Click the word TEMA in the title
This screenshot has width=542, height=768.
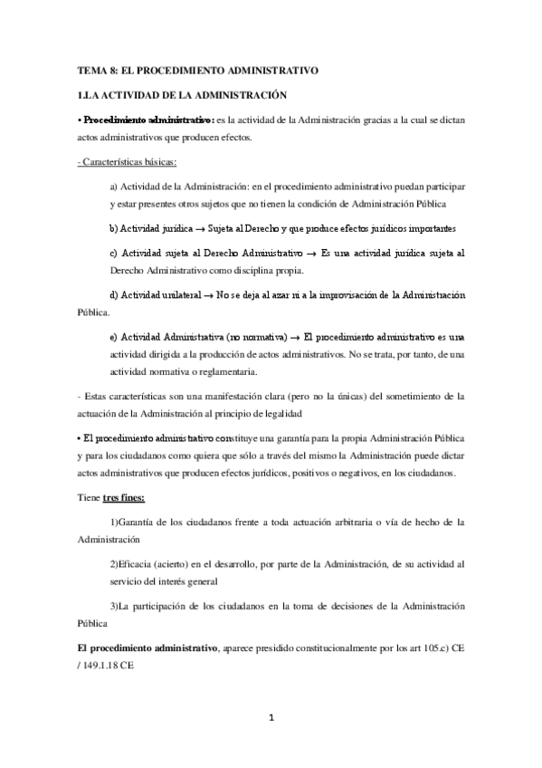click(x=90, y=70)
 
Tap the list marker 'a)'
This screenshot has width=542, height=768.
click(x=112, y=186)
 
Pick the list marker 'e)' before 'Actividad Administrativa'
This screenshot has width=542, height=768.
click(x=112, y=337)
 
